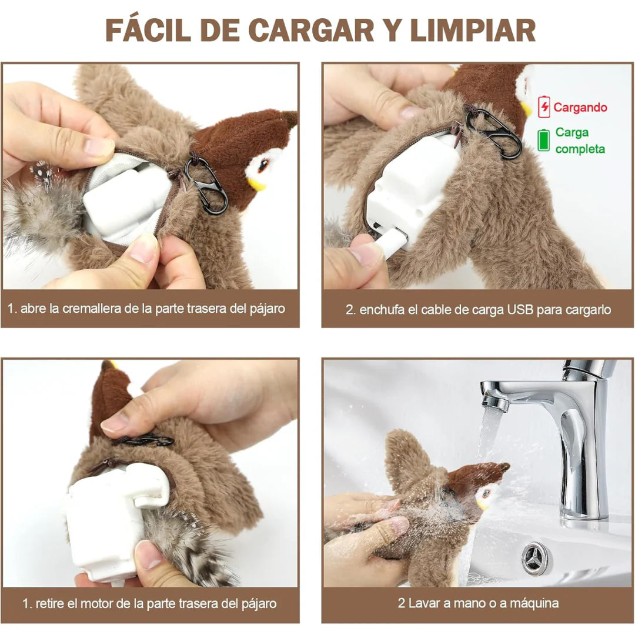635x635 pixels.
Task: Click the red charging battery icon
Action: pyautogui.click(x=544, y=107)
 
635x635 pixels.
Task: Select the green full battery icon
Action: pyautogui.click(x=544, y=141)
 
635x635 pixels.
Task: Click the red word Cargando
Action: pyautogui.click(x=580, y=108)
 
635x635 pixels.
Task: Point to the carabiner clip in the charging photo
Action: pyautogui.click(x=494, y=132)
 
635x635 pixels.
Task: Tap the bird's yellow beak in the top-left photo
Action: pyautogui.click(x=256, y=184)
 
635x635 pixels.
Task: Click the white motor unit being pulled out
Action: pyautogui.click(x=109, y=517)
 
